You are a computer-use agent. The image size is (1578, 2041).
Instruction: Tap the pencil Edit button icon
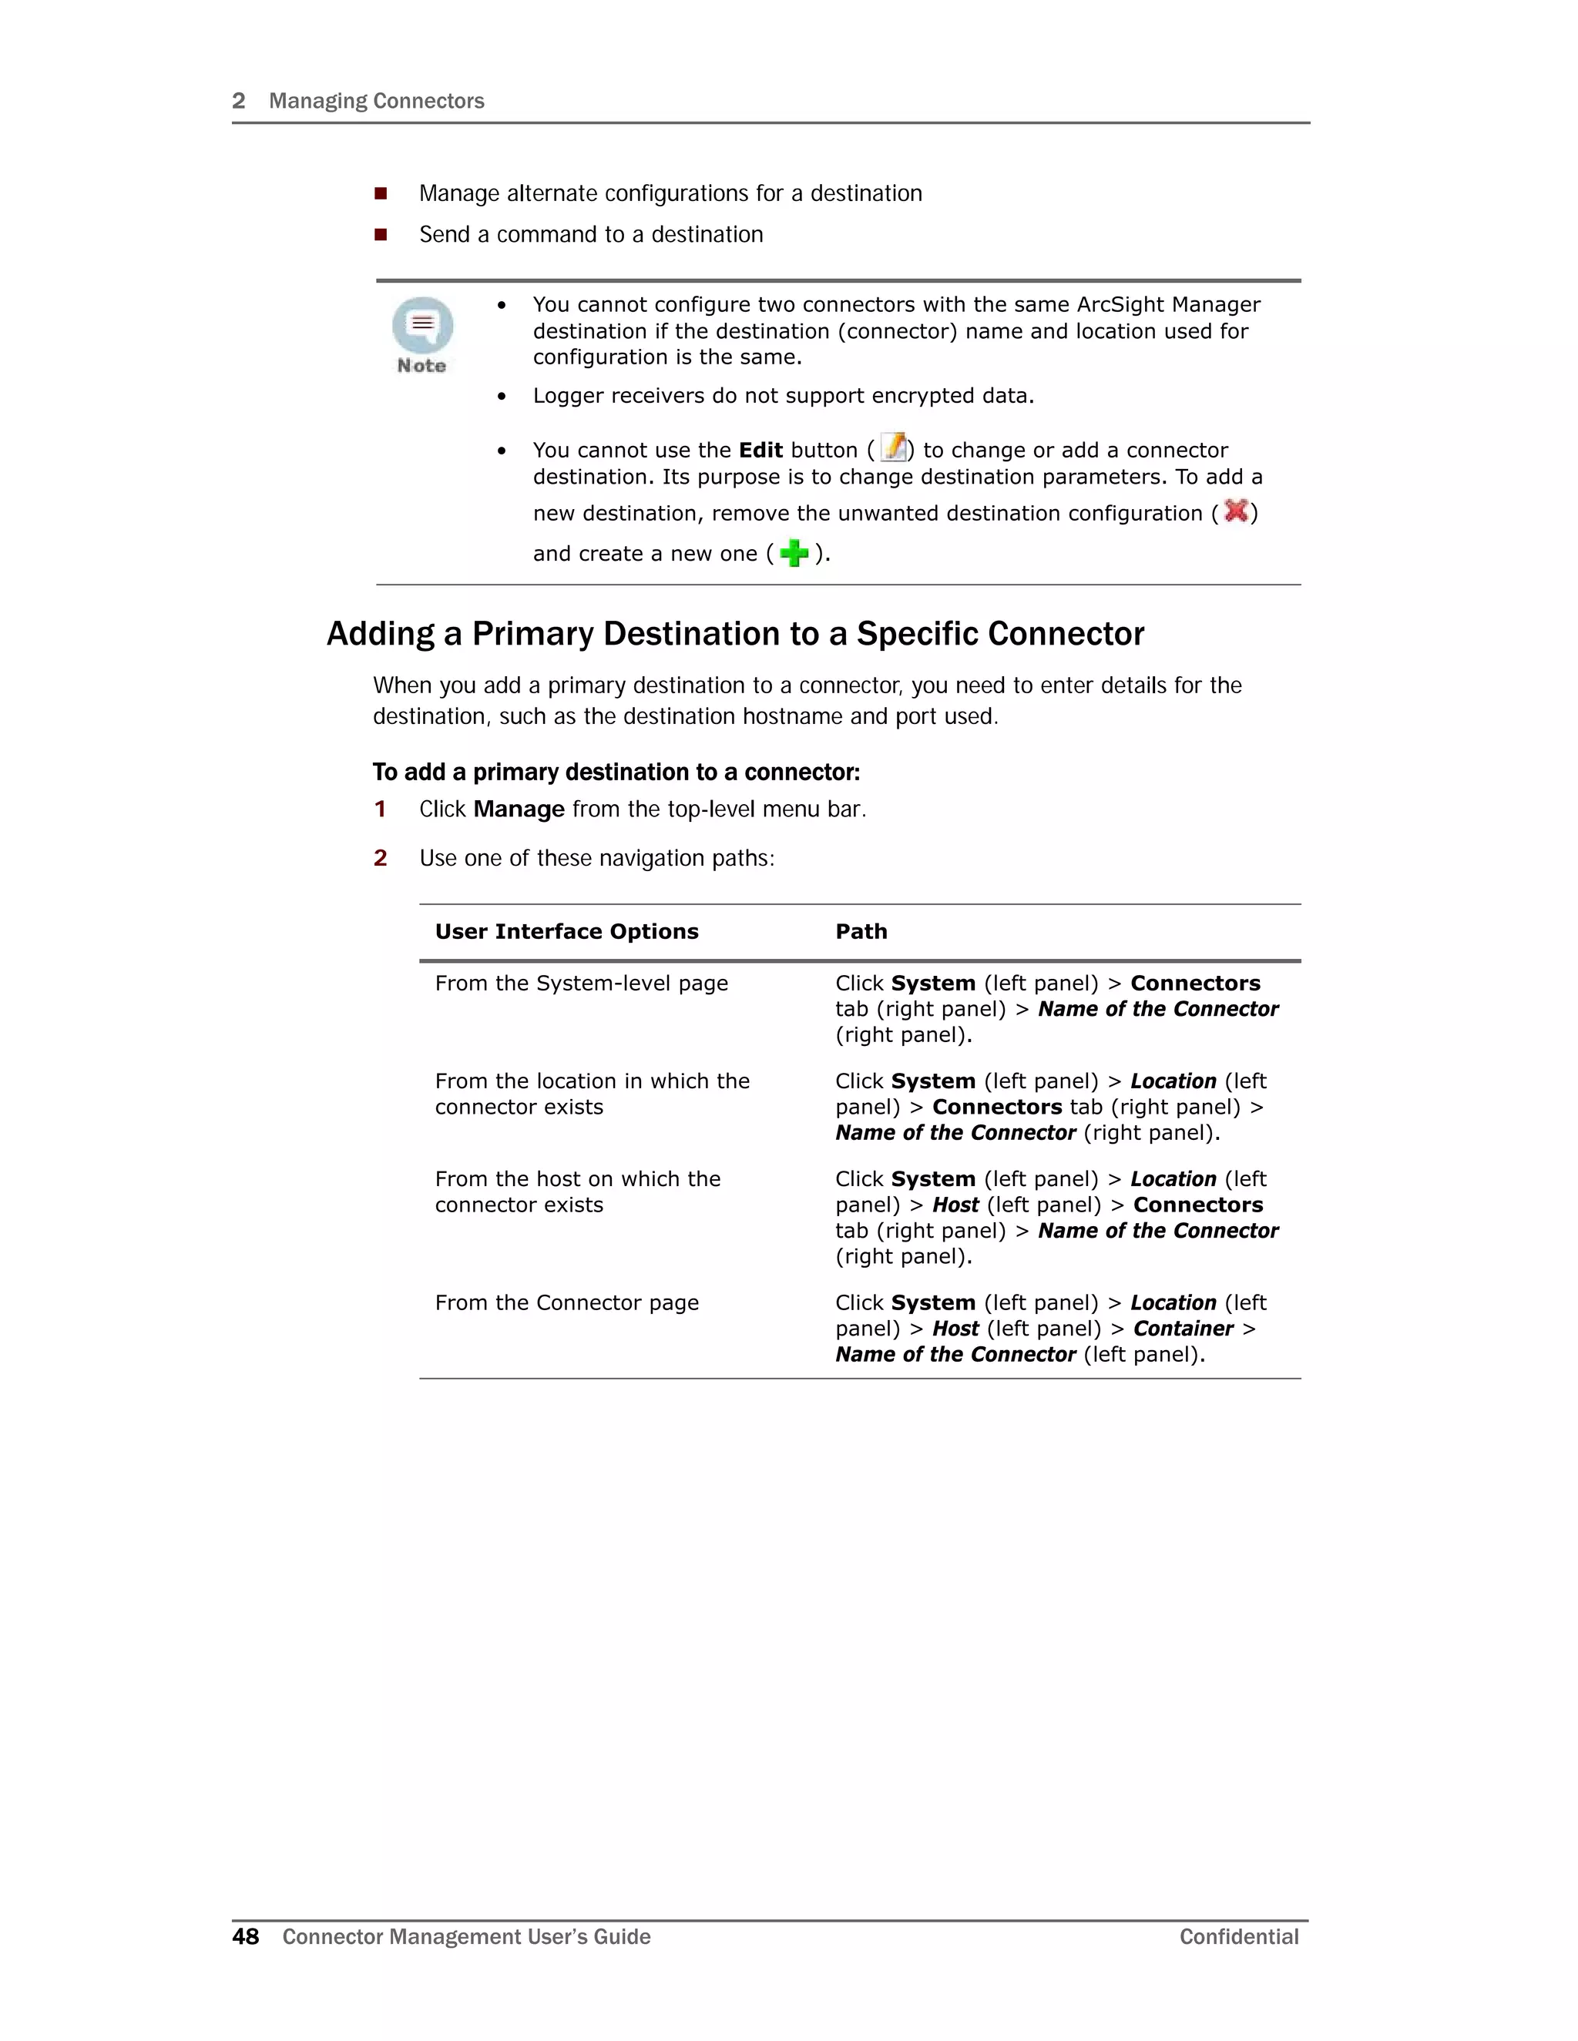click(894, 448)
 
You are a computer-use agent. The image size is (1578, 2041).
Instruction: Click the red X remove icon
click(1236, 511)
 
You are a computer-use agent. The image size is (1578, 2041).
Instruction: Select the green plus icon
click(794, 553)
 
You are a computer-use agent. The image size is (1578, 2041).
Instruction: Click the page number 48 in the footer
click(245, 1936)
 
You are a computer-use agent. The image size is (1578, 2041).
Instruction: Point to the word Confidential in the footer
click(1239, 1936)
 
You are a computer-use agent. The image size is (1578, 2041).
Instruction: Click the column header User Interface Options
click(566, 932)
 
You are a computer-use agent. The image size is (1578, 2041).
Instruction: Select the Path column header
click(861, 932)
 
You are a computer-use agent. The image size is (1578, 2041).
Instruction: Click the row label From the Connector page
click(566, 1302)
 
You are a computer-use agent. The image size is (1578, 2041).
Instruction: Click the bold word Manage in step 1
click(519, 809)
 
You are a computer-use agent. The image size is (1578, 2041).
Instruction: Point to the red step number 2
click(381, 858)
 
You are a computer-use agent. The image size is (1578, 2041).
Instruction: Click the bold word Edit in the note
click(760, 451)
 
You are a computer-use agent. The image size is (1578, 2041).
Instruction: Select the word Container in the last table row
click(1183, 1329)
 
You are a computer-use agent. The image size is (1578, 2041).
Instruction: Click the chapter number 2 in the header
click(238, 101)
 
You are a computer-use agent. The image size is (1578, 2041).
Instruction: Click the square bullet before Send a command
click(381, 235)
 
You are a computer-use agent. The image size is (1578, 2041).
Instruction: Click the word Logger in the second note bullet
click(567, 396)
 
